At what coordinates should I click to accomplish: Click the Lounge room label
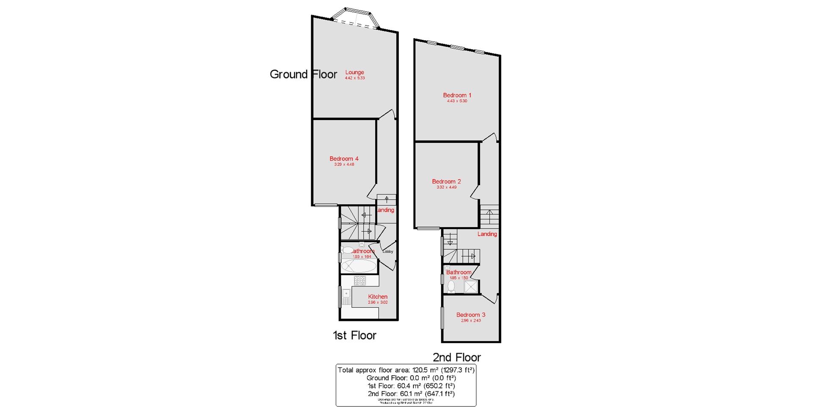coord(354,72)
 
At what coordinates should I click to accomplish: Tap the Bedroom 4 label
coord(344,159)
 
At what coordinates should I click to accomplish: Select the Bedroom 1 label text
coord(457,95)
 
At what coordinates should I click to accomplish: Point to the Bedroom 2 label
coord(446,181)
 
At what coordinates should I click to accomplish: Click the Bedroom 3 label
coord(471,315)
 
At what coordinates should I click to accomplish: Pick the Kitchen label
coord(378,297)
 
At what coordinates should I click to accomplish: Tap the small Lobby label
coord(388,251)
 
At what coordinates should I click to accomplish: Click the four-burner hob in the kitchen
coord(360,280)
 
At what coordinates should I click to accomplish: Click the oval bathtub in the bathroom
coord(359,266)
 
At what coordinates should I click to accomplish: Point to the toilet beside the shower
coord(451,287)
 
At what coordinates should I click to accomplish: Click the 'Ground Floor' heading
coord(303,75)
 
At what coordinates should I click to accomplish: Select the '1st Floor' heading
coord(354,335)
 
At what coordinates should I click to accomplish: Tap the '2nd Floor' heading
coord(456,357)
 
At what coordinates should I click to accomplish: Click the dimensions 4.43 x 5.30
coord(457,101)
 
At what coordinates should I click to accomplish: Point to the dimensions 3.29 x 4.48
coord(344,164)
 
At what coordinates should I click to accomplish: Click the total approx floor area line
coord(406,370)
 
